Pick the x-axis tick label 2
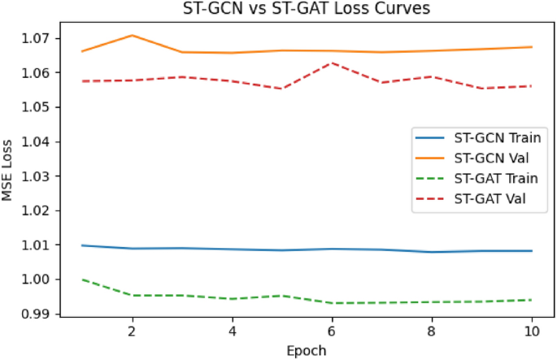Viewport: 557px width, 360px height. (x=132, y=332)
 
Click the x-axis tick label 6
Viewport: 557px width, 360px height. (x=332, y=332)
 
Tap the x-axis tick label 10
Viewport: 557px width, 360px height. (x=532, y=332)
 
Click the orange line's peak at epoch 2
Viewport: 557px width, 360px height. (x=132, y=35)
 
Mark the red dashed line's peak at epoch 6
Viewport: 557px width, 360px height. (x=332, y=63)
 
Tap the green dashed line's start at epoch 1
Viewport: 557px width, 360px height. (x=82, y=280)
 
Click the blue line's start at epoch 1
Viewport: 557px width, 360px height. (x=82, y=245)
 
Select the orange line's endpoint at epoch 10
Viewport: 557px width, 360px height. (x=532, y=47)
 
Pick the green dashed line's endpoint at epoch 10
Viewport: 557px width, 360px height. (x=532, y=300)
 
